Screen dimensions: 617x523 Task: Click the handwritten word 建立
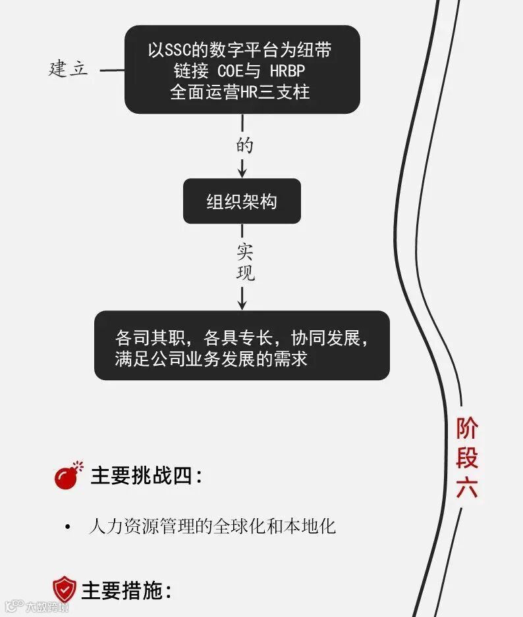(68, 69)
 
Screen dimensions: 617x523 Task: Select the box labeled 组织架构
(242, 201)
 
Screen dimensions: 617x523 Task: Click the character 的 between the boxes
(243, 145)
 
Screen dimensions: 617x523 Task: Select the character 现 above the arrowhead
(245, 273)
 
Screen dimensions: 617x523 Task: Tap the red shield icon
(65, 589)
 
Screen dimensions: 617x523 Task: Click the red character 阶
(467, 429)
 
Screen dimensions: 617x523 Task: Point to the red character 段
(467, 458)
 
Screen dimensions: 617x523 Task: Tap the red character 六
(467, 488)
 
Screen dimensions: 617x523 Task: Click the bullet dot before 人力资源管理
(67, 528)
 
